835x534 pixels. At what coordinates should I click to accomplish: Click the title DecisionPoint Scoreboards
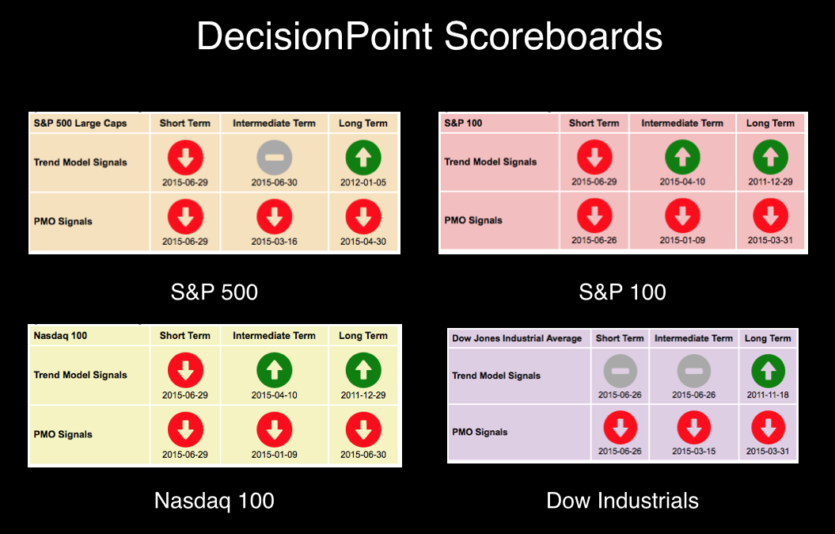[x=429, y=36]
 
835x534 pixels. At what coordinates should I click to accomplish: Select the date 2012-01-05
[x=363, y=182]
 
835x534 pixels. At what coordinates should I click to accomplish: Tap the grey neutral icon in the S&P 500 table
[x=275, y=157]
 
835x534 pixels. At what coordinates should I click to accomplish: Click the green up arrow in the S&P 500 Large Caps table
[x=363, y=157]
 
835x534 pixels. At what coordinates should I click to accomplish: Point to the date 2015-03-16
[x=275, y=242]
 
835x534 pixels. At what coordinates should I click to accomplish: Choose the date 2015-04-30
[x=363, y=242]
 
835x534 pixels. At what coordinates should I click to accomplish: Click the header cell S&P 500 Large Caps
[x=81, y=123]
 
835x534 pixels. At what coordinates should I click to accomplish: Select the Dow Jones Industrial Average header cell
[x=517, y=338]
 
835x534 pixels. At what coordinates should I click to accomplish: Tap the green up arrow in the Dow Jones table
[x=768, y=371]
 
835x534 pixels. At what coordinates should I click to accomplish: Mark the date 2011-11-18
[x=768, y=395]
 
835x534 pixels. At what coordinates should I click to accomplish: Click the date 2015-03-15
[x=694, y=451]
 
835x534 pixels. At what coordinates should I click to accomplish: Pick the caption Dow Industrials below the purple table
[x=623, y=501]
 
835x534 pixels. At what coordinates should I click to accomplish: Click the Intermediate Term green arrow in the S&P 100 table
[x=683, y=157]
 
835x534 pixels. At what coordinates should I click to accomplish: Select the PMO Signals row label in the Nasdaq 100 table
[x=63, y=434]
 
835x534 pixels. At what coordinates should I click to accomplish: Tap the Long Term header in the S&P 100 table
[x=771, y=123]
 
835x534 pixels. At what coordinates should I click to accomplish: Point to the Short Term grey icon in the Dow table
[x=621, y=371]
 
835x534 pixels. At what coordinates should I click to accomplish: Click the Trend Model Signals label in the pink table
[x=491, y=162]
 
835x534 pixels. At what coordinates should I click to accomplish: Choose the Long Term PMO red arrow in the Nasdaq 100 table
[x=363, y=429]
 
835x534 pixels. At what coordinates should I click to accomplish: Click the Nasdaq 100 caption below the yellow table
[x=214, y=501]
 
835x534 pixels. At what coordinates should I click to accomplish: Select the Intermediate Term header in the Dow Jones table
[x=694, y=338]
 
